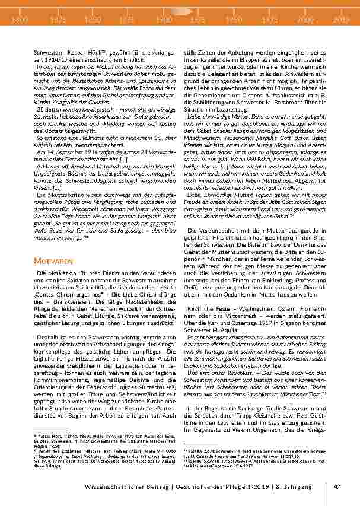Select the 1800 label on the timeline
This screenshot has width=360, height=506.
pyautogui.click(x=20, y=20)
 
